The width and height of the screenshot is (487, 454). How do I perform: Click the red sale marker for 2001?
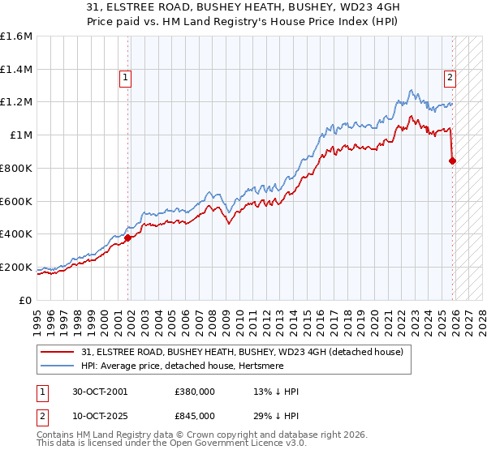pyautogui.click(x=128, y=238)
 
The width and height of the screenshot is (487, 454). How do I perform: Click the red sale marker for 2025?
pyautogui.click(x=453, y=161)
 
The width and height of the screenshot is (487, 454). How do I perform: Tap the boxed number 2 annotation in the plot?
pyautogui.click(x=449, y=78)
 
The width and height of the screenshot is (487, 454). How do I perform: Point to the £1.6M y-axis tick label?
pyautogui.click(x=15, y=36)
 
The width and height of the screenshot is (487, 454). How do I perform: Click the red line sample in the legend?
pyautogui.click(x=57, y=352)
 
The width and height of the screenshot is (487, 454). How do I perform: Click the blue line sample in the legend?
pyautogui.click(x=57, y=366)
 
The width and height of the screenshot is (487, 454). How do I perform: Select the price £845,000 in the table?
pyautogui.click(x=195, y=416)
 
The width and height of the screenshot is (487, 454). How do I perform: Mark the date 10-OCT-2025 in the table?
pyautogui.click(x=100, y=416)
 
